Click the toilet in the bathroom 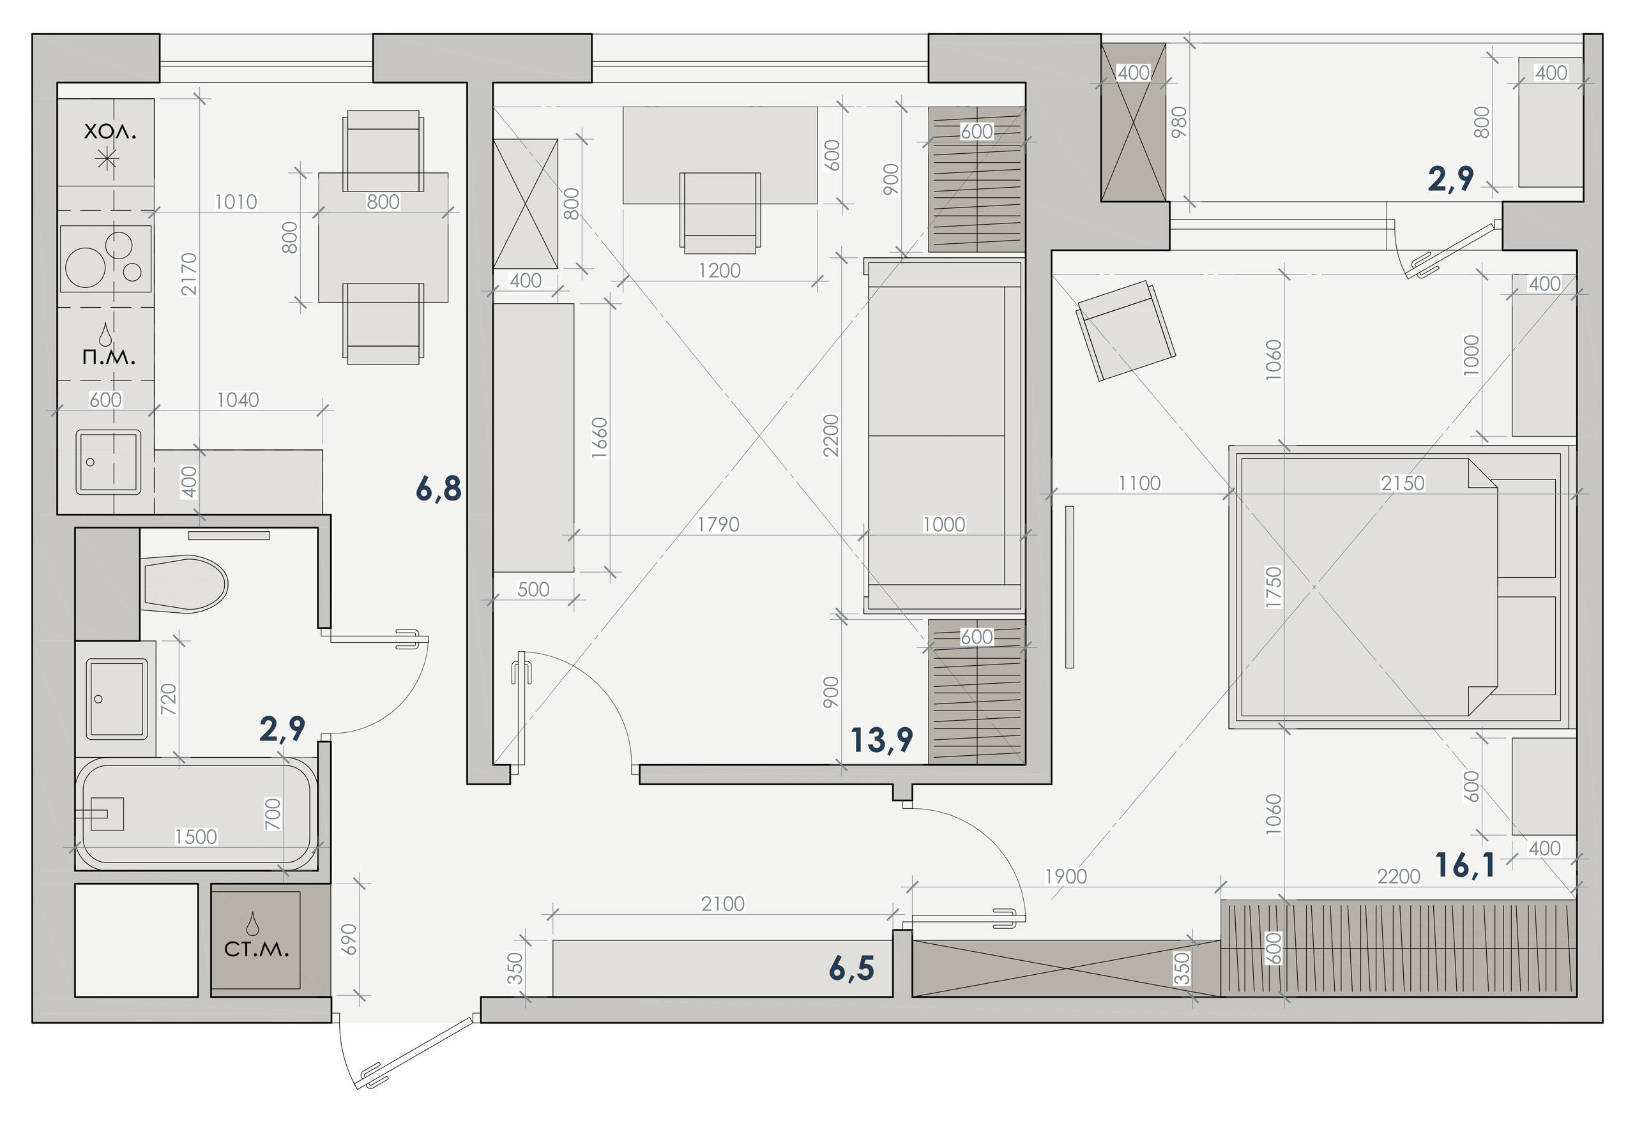tap(185, 584)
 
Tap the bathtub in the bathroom tap(196, 815)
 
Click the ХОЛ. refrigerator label tap(110, 132)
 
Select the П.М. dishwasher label tap(109, 357)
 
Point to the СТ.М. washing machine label tap(256, 949)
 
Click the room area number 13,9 tap(881, 741)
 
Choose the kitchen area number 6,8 tap(438, 488)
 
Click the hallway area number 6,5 tap(851, 968)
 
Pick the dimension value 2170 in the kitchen tap(188, 274)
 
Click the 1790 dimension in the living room tap(718, 524)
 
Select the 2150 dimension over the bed tap(1402, 483)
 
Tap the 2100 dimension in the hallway tap(722, 904)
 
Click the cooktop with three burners tap(105, 258)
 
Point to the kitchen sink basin tap(109, 462)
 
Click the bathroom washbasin tap(117, 699)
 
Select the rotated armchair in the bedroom tap(1125, 331)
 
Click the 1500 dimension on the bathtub tap(195, 837)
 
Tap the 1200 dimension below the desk tap(719, 270)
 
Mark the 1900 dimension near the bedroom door tap(1066, 876)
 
